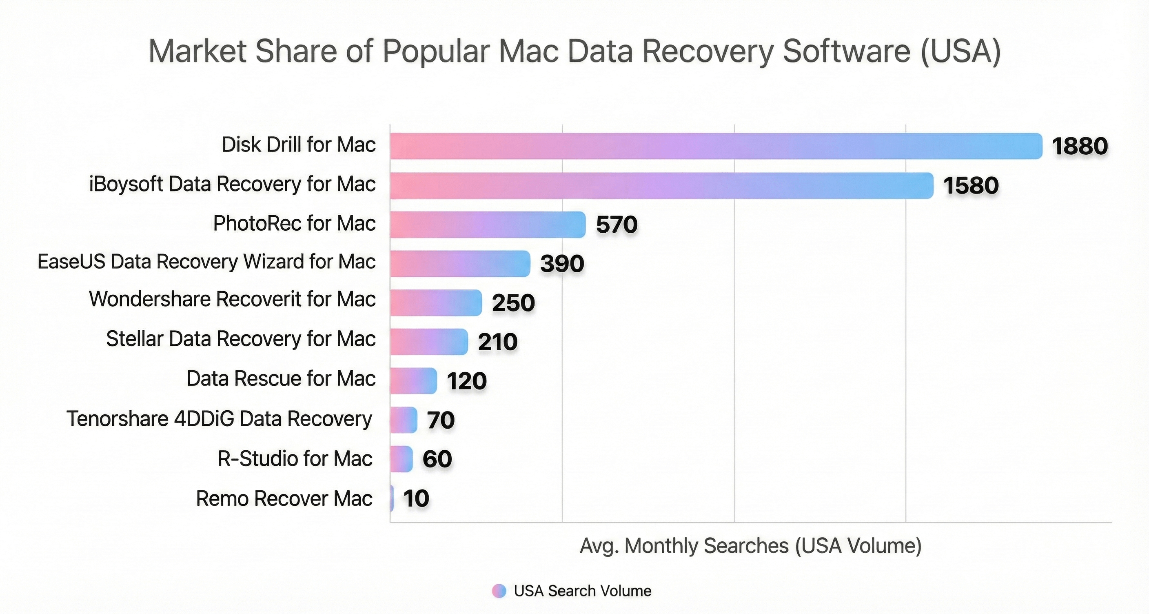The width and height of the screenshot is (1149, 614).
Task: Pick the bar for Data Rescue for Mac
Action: coord(413,380)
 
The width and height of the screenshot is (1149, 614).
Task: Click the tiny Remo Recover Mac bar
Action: coord(392,498)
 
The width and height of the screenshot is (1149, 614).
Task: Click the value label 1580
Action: coord(971,186)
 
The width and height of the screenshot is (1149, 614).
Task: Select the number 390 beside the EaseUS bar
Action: coord(562,263)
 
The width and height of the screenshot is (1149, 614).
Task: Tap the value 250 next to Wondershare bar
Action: coord(513,303)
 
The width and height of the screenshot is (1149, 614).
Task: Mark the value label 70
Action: coord(441,420)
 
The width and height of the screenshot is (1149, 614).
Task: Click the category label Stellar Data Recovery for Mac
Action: coord(241,339)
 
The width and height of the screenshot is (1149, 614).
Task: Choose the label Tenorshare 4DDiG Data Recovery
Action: coord(219,419)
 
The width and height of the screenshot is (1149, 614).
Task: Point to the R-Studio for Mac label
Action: coord(295,459)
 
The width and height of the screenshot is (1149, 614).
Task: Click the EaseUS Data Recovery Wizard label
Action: coord(206,262)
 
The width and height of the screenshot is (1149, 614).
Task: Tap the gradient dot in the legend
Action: coord(499,591)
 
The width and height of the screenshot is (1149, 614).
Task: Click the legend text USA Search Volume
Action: coord(582,591)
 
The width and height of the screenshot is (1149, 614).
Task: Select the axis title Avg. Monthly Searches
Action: coord(750,546)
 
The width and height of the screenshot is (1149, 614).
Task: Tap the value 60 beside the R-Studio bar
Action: coord(437,459)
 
